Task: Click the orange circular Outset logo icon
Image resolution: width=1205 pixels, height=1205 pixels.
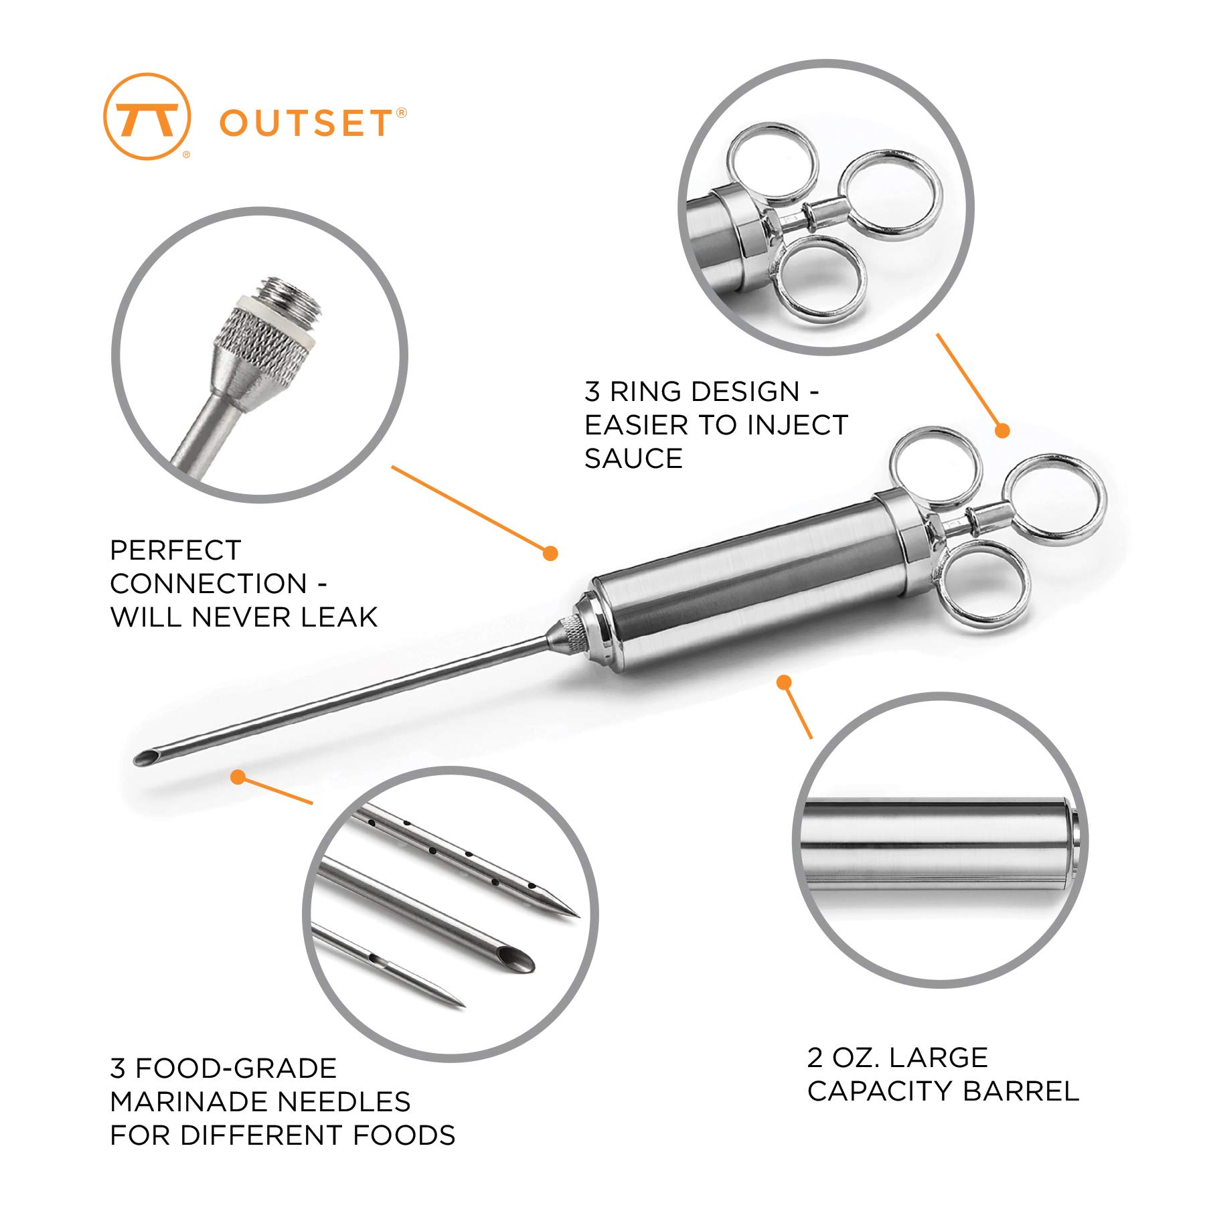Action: click(x=147, y=116)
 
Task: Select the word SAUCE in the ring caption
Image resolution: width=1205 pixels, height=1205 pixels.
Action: click(x=633, y=459)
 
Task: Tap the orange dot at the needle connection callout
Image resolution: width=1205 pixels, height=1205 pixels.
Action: click(x=550, y=553)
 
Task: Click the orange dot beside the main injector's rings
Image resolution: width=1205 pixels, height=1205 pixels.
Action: click(x=1001, y=430)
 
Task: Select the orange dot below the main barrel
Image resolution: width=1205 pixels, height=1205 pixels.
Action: click(x=784, y=682)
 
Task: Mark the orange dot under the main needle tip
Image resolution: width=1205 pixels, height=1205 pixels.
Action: click(x=238, y=777)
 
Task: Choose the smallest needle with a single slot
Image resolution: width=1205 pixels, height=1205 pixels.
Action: click(x=388, y=966)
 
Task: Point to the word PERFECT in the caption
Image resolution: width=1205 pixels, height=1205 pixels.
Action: click(x=175, y=550)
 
